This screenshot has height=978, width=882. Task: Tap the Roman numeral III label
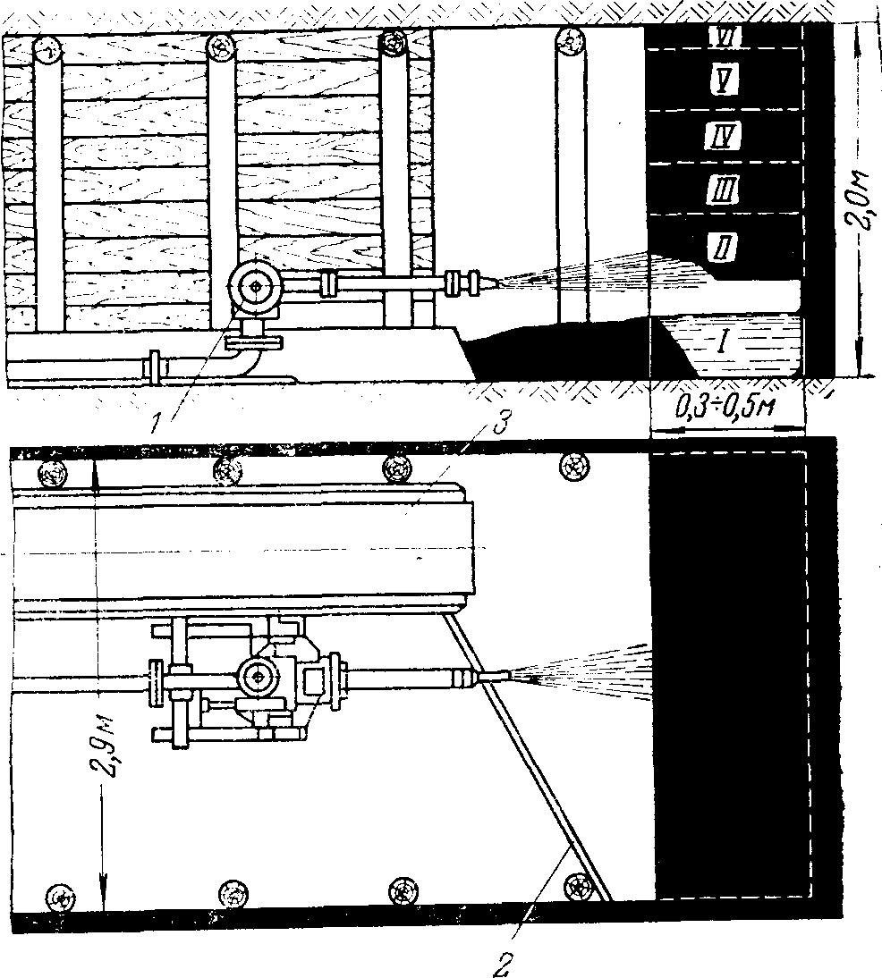pyautogui.click(x=720, y=190)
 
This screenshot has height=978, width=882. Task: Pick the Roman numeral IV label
pyautogui.click(x=720, y=136)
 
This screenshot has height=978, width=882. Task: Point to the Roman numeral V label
pyautogui.click(x=720, y=82)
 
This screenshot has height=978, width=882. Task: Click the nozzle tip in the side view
pyautogui.click(x=497, y=282)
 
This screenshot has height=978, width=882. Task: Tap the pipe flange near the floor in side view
pyautogui.click(x=157, y=367)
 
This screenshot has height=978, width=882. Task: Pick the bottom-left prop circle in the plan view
pyautogui.click(x=61, y=895)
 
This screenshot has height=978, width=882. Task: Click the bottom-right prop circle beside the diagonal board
pyautogui.click(x=580, y=885)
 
